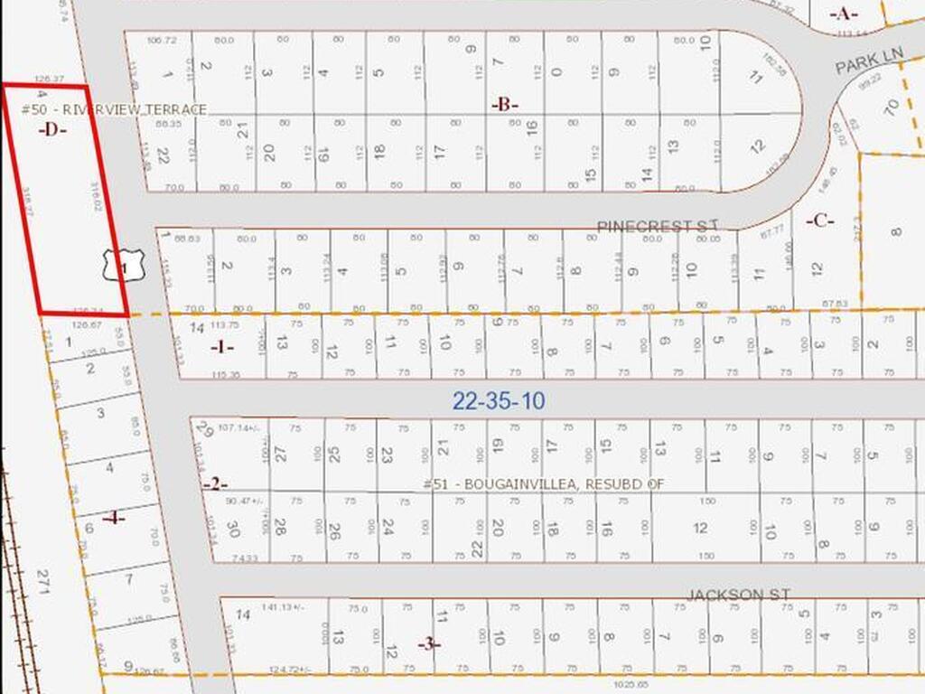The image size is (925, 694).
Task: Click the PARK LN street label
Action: point(868,62)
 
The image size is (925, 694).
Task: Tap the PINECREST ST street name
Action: point(657,225)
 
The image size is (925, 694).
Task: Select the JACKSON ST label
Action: point(738,594)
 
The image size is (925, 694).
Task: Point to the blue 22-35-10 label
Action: point(499,401)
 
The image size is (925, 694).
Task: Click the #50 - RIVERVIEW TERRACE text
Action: point(114,109)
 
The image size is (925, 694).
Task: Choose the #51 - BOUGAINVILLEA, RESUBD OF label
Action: point(543,484)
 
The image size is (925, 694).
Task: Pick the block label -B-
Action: point(505,104)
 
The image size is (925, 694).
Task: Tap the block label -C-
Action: point(819,220)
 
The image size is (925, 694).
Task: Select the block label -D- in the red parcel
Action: point(53,129)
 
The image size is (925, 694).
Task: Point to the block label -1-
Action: point(222,347)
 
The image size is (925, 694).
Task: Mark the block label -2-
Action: point(215,484)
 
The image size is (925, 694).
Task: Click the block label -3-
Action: point(429,643)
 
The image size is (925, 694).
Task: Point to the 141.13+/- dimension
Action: point(283,607)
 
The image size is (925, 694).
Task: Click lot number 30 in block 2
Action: point(232,530)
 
